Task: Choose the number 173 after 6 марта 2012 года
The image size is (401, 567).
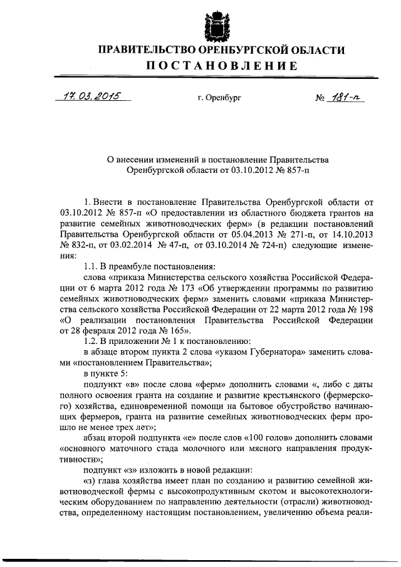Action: (x=185, y=288)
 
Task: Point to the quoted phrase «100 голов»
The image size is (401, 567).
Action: (x=281, y=437)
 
